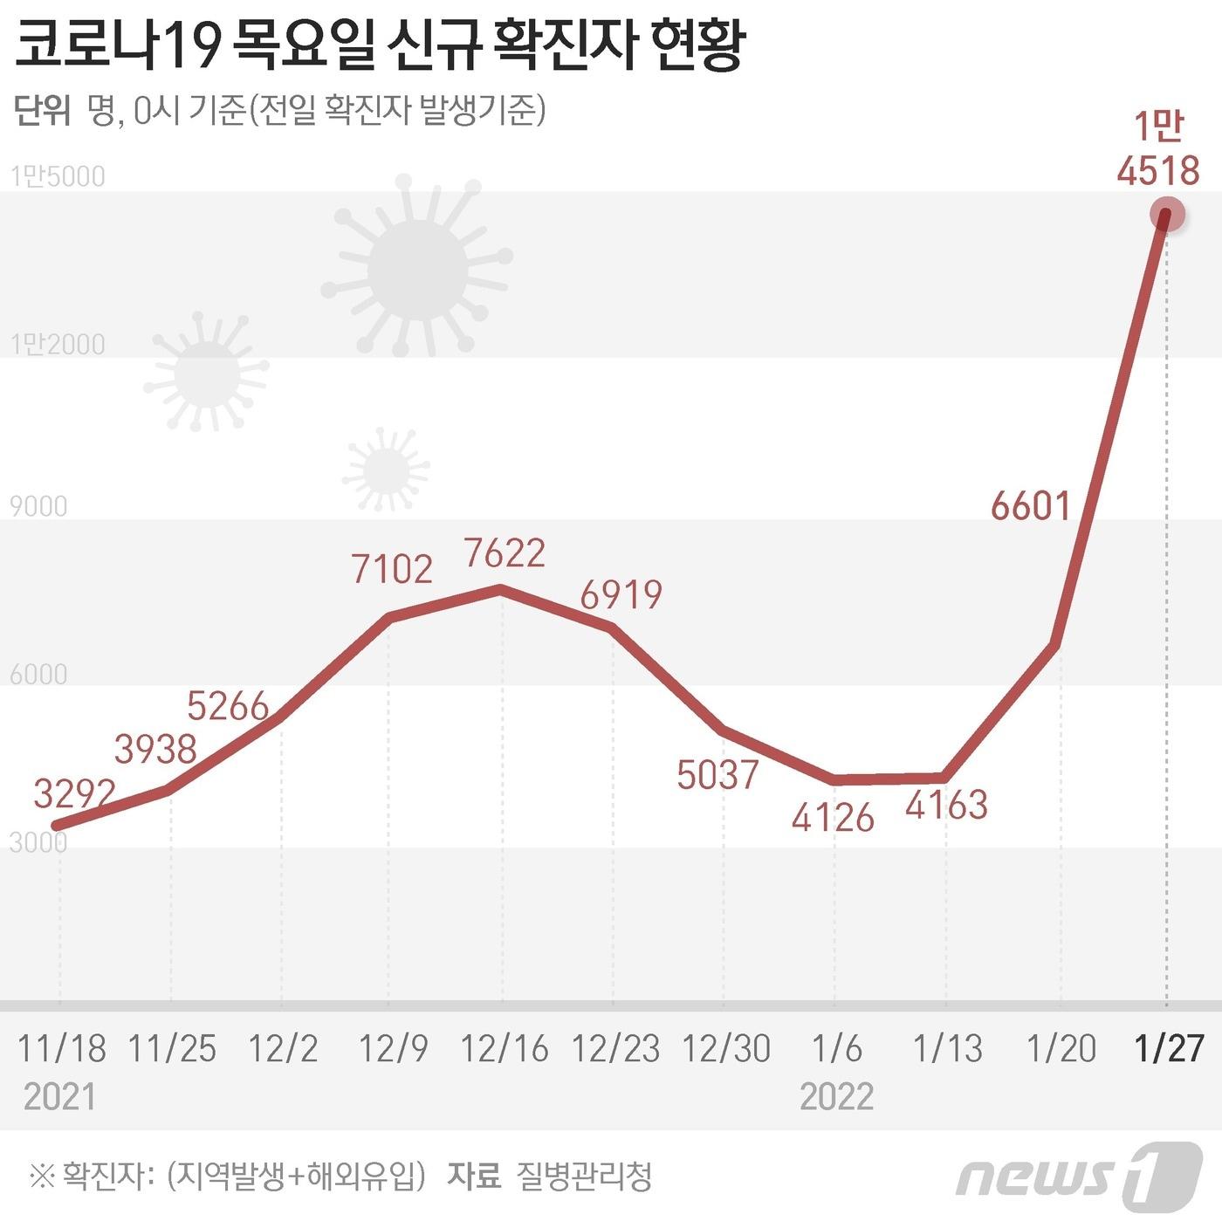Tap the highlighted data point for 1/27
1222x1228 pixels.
pos(1166,215)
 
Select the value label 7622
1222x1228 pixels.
pos(505,552)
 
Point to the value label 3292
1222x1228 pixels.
pos(75,793)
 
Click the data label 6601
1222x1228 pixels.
pos(1030,505)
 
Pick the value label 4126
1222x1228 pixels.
pos(833,818)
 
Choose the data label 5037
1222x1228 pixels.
pos(717,774)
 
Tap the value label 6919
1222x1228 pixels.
pos(621,594)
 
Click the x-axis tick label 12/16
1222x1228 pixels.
pos(505,1048)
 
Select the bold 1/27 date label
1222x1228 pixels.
pos(1168,1048)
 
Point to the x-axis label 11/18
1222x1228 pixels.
pos(61,1048)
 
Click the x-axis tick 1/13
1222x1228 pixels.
pos(947,1048)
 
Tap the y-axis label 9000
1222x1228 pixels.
pos(38,506)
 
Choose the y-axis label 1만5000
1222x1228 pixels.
pos(58,176)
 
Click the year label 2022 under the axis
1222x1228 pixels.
pos(836,1096)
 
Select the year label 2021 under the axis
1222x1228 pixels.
pos(59,1096)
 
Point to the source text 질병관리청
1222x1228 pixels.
pos(584,1176)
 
